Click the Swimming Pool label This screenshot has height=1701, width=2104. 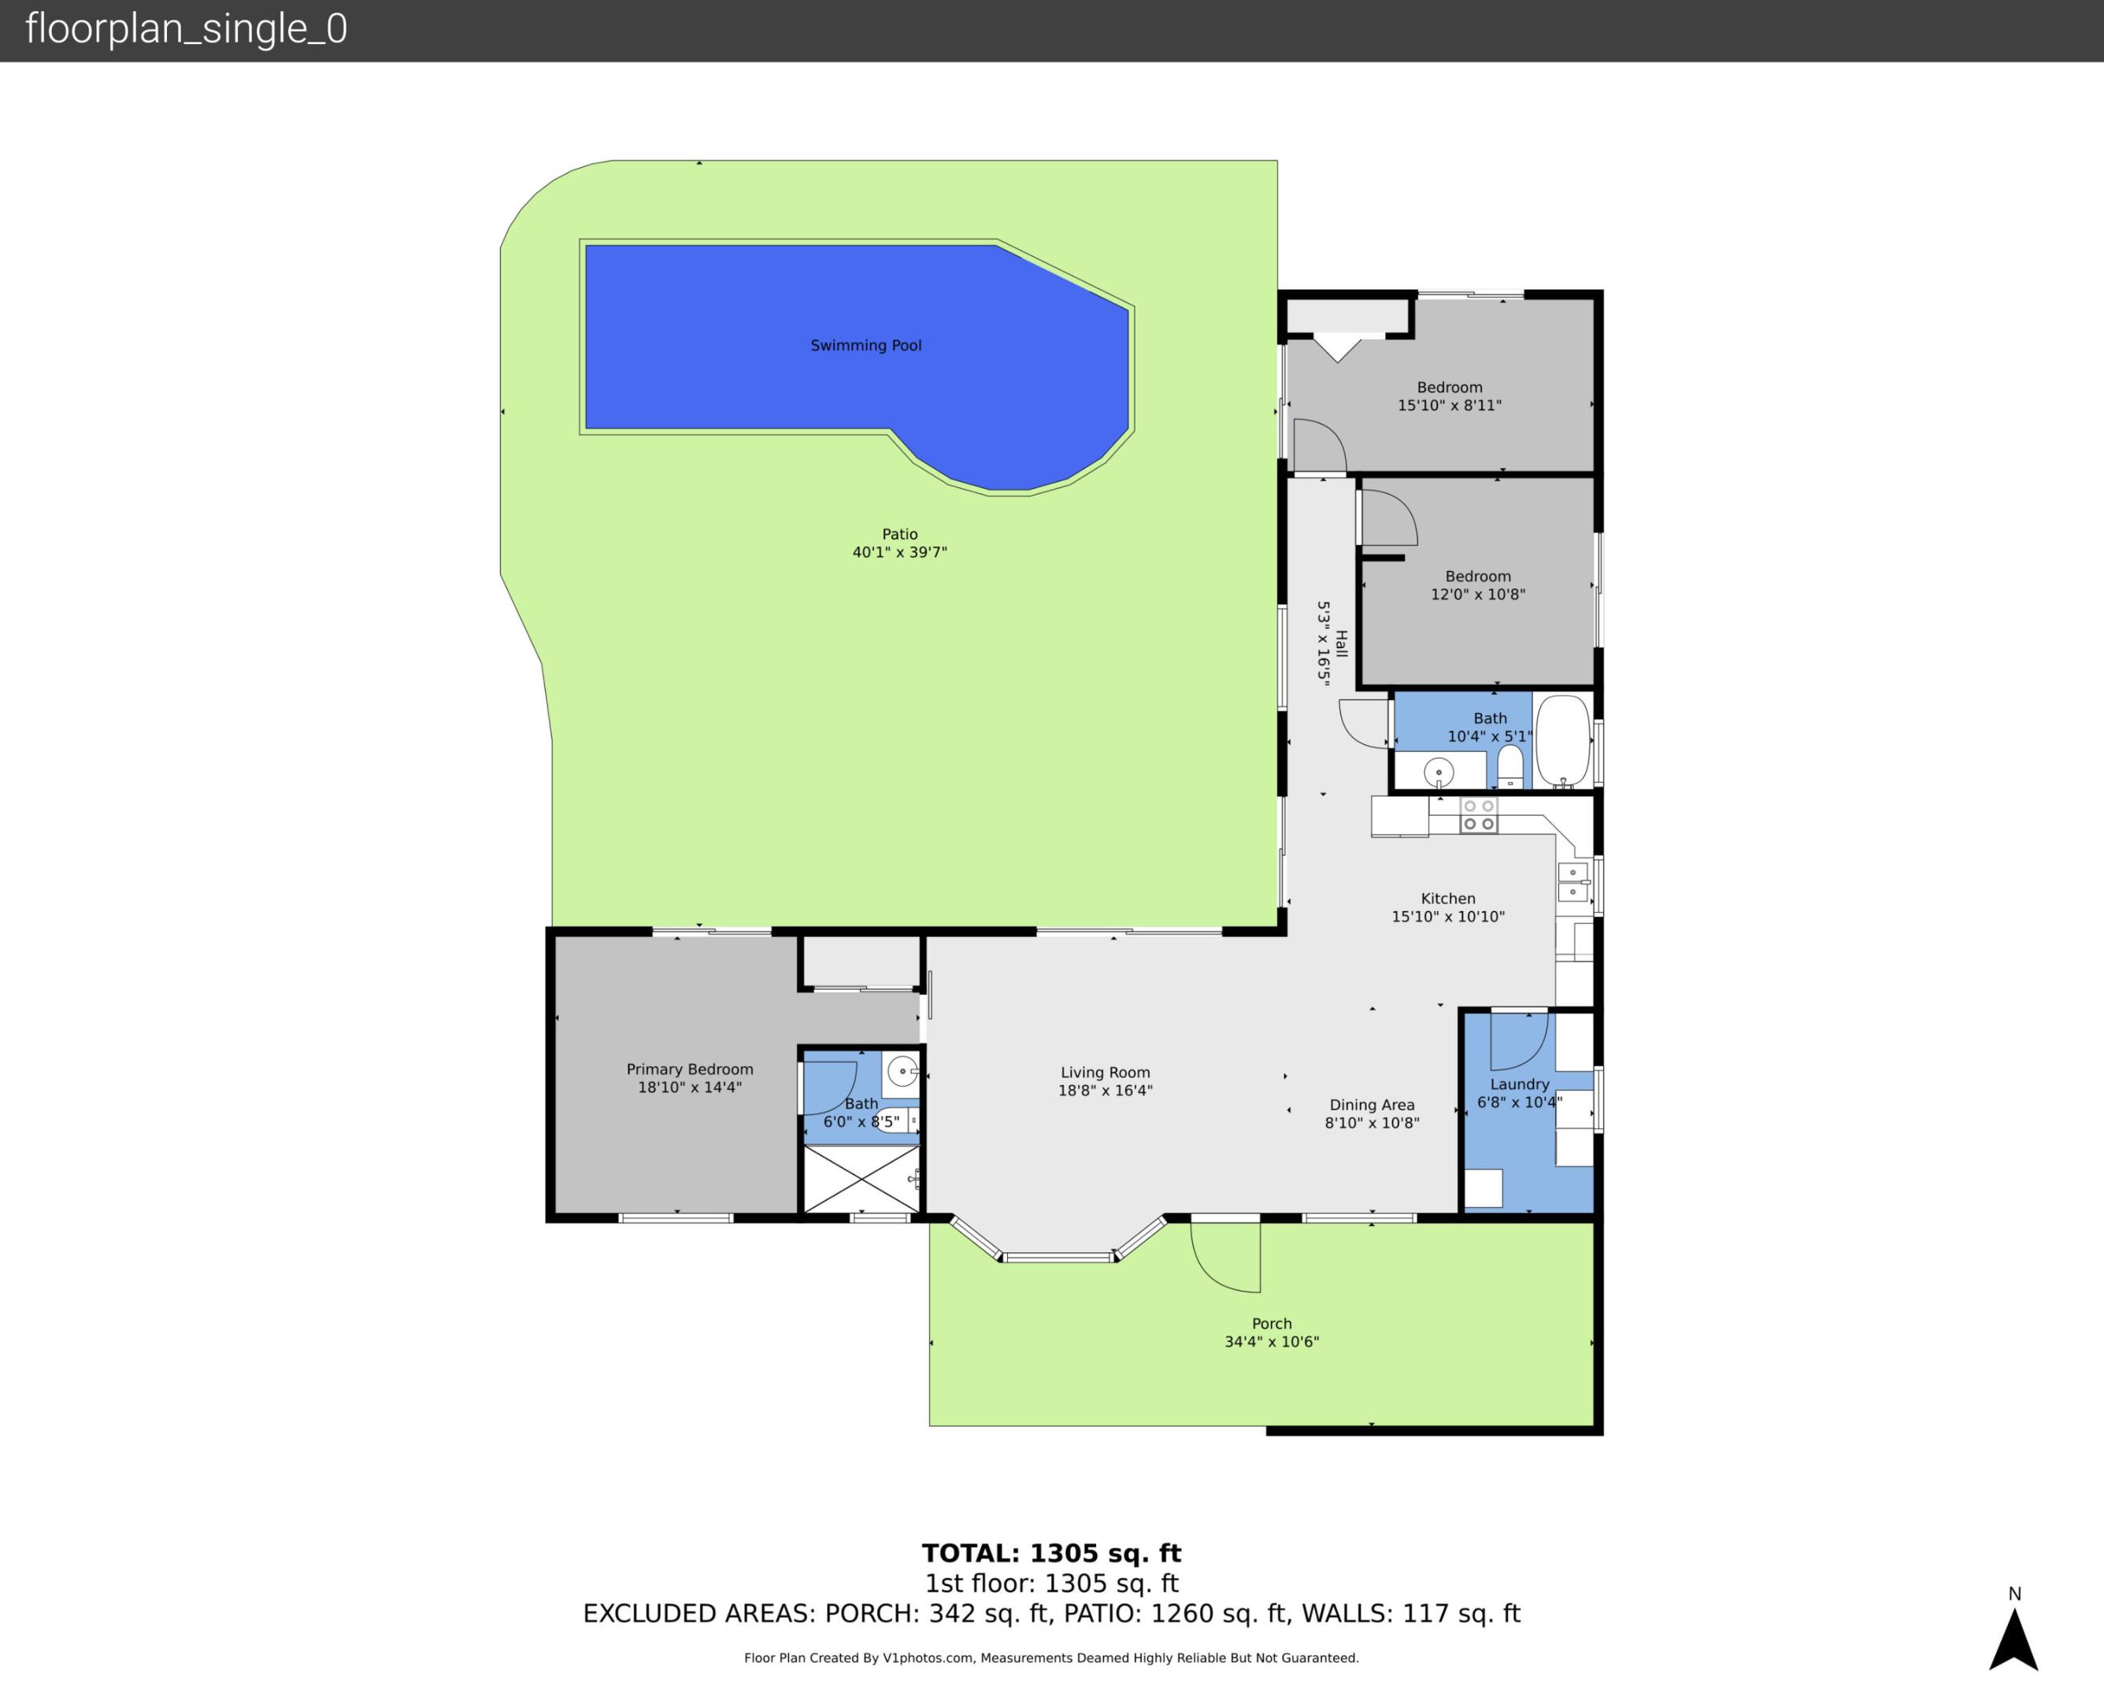866,345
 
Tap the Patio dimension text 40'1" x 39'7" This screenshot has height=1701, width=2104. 899,553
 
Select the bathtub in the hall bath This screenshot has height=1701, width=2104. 1562,741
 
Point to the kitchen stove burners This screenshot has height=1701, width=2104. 1478,815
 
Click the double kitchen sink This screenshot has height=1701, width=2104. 1572,882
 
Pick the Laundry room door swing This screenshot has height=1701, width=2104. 1518,1040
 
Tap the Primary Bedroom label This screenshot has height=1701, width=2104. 690,1069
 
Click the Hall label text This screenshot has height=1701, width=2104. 1342,643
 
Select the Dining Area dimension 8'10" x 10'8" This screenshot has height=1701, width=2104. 1372,1123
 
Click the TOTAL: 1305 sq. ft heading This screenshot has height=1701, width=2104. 1051,1553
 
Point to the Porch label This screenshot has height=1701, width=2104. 1272,1324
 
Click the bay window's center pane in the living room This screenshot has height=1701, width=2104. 1058,1256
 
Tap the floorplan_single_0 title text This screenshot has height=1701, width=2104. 186,29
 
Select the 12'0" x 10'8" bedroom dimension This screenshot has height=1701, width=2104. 1477,594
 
